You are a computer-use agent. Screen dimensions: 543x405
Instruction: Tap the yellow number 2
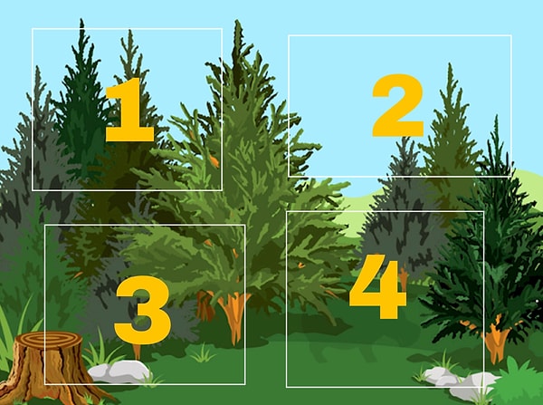pos(398,105)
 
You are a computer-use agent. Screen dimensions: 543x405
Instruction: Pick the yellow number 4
pos(377,286)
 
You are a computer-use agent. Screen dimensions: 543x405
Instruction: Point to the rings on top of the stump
pos(48,340)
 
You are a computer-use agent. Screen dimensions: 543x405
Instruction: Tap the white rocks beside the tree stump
pos(119,371)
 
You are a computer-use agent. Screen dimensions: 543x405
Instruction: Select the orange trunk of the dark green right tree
pos(496,340)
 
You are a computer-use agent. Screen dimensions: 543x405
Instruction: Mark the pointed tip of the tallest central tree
pos(237,21)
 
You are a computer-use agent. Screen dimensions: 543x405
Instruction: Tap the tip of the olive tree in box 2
pos(450,64)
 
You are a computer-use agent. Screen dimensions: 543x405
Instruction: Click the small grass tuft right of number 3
pos(203,353)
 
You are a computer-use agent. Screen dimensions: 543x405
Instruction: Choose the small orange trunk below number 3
pos(138,352)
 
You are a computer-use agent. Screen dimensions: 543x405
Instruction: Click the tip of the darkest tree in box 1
pos(81,20)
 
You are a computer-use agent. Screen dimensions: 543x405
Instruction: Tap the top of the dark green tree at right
pos(497,117)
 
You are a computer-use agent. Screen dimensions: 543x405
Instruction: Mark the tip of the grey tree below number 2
pos(405,139)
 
